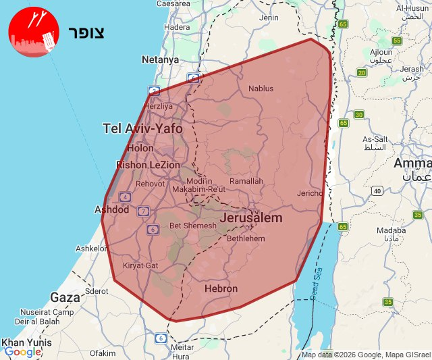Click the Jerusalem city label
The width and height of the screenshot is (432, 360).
[251, 219]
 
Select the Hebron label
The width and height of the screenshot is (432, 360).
[221, 288]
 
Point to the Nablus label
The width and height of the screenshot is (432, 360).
[261, 88]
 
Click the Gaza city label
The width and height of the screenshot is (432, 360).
[65, 297]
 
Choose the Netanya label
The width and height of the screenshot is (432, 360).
[160, 59]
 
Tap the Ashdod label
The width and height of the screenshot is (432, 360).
[111, 210]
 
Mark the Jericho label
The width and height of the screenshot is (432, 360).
[310, 193]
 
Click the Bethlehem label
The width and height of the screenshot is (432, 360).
[246, 238]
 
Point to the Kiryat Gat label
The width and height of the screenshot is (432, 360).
[140, 265]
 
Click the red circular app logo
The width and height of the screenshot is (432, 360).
[33, 32]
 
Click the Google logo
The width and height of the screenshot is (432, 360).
[22, 352]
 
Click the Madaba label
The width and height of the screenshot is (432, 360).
[391, 230]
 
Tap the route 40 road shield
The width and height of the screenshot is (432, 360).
[376, 191]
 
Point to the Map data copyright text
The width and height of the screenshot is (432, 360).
[365, 355]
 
